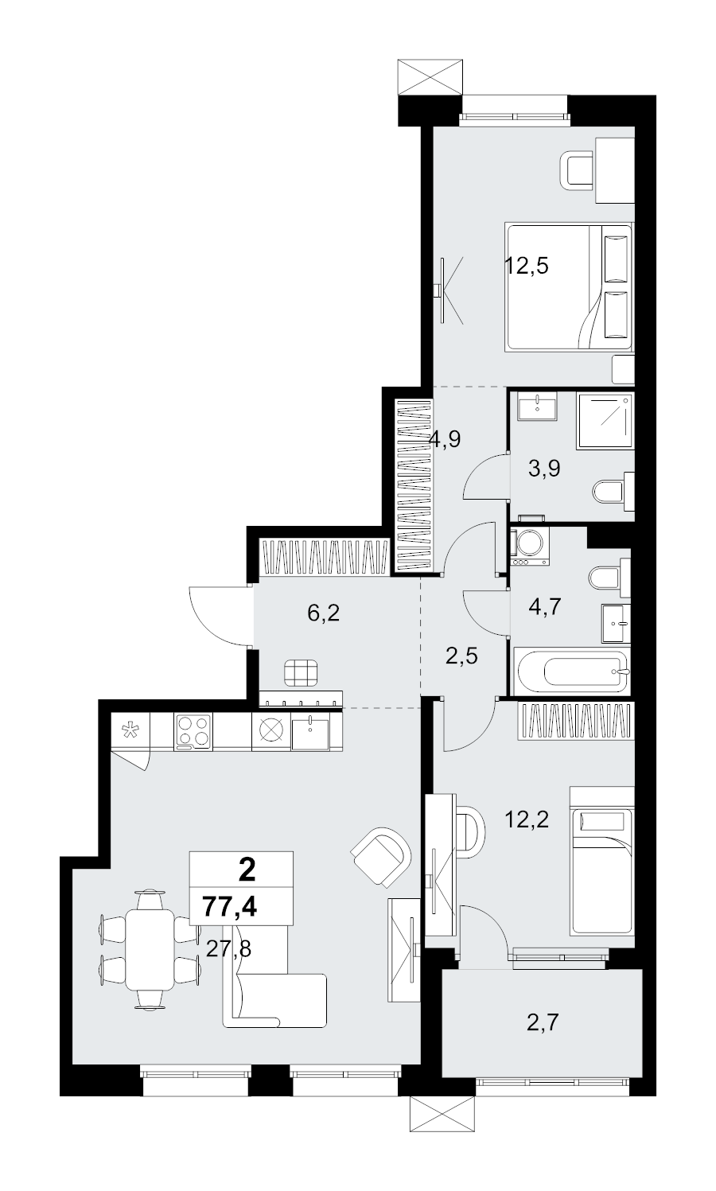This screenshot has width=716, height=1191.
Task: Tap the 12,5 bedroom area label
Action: (526, 265)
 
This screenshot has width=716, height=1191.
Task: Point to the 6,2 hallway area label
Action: (323, 613)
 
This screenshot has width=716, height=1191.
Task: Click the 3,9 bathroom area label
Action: (544, 469)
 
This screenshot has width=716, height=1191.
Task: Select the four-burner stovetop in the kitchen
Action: (193, 732)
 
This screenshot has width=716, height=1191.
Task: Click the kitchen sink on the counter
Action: (310, 732)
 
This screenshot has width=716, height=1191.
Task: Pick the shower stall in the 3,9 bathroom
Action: (605, 421)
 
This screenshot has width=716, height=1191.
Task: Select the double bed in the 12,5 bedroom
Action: (569, 287)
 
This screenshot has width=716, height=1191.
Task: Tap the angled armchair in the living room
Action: (381, 857)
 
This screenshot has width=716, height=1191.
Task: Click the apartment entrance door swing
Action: (220, 616)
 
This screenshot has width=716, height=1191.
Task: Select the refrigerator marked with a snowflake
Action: (130, 732)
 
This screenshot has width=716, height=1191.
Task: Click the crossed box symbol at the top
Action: (430, 77)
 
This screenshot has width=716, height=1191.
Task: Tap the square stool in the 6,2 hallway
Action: (301, 672)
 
